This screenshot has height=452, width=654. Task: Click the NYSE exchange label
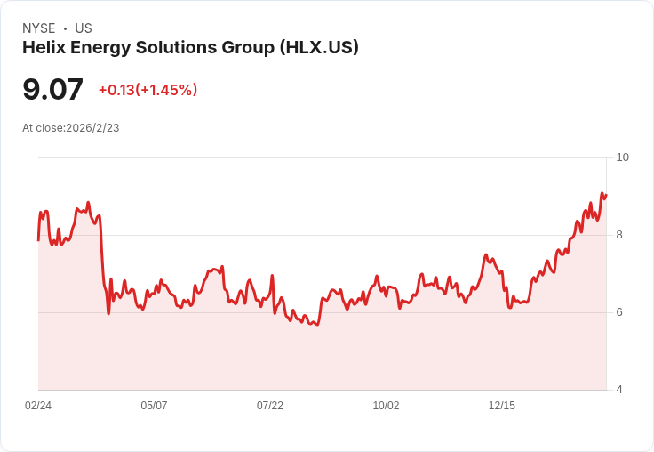[x=38, y=28]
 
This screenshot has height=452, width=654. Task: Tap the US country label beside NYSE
[x=84, y=28]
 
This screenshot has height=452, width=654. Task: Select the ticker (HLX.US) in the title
[x=319, y=48]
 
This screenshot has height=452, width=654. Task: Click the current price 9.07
[x=52, y=89]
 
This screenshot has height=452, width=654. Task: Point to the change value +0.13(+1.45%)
[x=148, y=90]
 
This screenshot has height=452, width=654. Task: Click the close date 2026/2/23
[x=92, y=128]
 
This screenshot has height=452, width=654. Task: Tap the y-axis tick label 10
[x=622, y=157]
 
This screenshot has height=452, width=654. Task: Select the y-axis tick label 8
[x=619, y=235]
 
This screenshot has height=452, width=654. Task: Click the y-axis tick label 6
[x=619, y=312]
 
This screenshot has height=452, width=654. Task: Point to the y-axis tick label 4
[x=619, y=390]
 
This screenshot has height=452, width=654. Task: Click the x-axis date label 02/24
[x=38, y=406]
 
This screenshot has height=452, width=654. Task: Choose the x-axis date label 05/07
[x=154, y=406]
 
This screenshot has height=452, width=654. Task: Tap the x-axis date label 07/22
[x=270, y=406]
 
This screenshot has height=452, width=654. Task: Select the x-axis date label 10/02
[x=386, y=406]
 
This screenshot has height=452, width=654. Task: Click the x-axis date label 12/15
[x=502, y=406]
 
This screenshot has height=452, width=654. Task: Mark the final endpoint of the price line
[x=606, y=195]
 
